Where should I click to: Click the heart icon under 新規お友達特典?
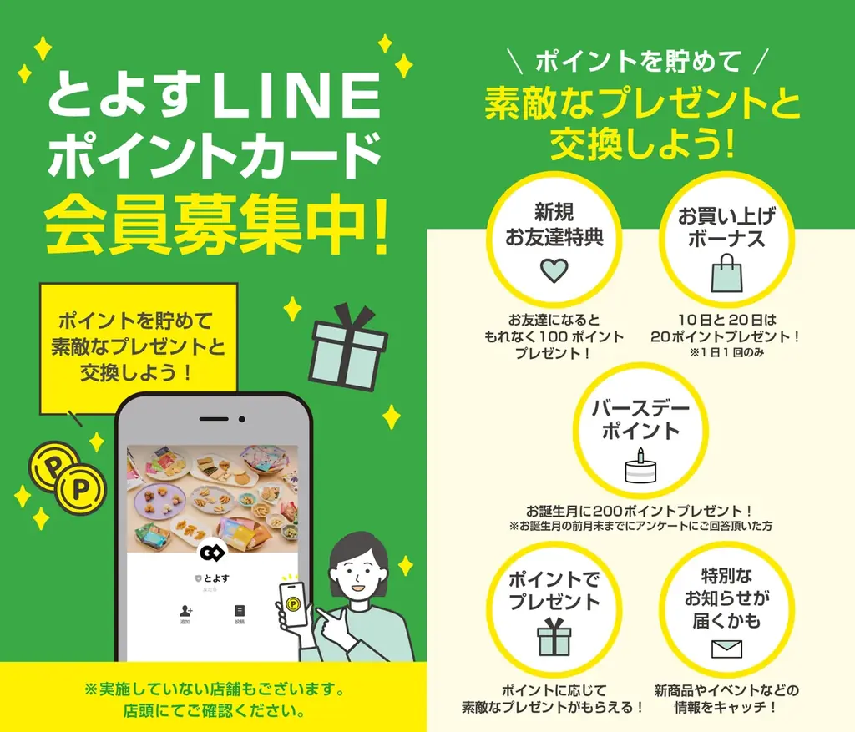pyautogui.click(x=554, y=270)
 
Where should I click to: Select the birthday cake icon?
pyautogui.click(x=640, y=467)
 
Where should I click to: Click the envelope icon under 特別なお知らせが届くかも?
pyautogui.click(x=726, y=649)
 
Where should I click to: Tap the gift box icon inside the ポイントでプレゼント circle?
pyautogui.click(x=554, y=638)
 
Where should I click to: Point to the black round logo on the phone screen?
pyautogui.click(x=212, y=553)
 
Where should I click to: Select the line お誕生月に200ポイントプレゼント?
pyautogui.click(x=640, y=510)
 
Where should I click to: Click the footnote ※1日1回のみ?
pyautogui.click(x=725, y=352)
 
